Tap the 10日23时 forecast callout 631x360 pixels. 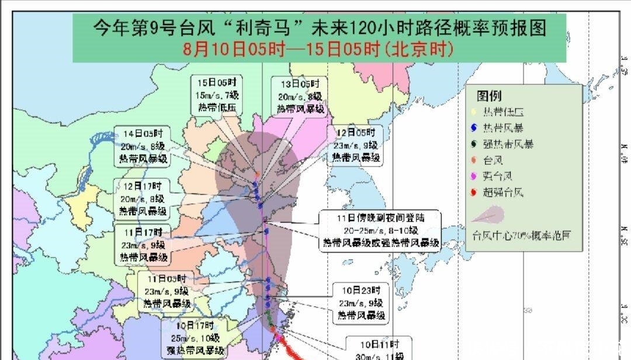[361, 303]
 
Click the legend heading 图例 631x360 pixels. [489, 96]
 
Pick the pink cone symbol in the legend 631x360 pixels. [488, 215]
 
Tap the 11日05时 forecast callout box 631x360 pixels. [166, 291]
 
